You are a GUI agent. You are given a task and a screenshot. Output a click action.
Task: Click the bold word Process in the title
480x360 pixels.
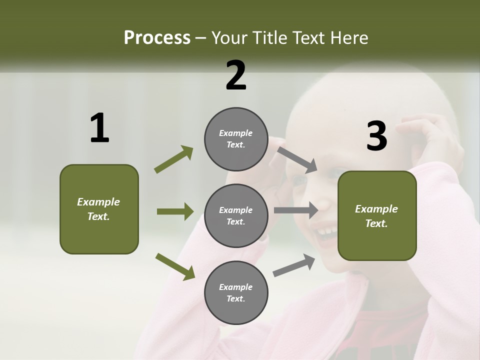(157, 38)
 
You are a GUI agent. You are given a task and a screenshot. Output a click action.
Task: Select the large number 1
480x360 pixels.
(99, 128)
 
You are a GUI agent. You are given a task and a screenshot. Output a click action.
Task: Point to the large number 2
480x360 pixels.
(236, 75)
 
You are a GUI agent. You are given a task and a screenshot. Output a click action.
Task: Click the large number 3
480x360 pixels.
(377, 136)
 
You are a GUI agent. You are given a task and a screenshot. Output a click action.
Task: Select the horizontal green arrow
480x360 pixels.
(175, 211)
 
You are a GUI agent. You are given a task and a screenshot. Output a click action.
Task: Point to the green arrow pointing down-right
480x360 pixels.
(175, 266)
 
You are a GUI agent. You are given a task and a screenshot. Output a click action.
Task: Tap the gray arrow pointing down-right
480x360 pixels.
(297, 159)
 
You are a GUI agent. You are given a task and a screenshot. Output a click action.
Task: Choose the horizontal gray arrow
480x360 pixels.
(296, 210)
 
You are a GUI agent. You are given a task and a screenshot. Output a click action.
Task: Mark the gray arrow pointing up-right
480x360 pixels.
(294, 265)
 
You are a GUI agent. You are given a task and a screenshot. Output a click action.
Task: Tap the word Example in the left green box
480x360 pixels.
(98, 202)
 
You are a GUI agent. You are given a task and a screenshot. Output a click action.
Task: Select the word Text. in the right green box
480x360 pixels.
(376, 223)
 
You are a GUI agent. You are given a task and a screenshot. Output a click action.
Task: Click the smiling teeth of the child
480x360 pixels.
(327, 231)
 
